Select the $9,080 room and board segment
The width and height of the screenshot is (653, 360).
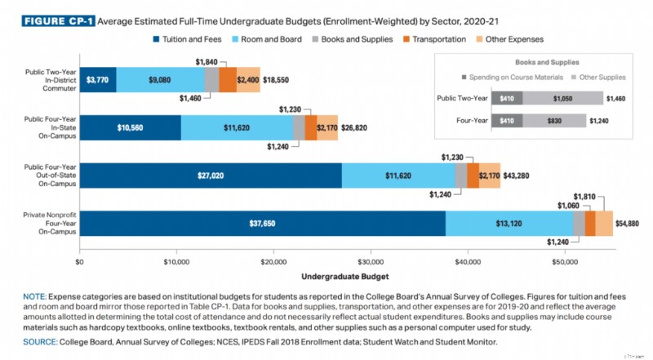pyautogui.click(x=159, y=80)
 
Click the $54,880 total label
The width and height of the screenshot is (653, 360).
pyautogui.click(x=628, y=223)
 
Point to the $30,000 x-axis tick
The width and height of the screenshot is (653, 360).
pyautogui.click(x=371, y=262)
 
